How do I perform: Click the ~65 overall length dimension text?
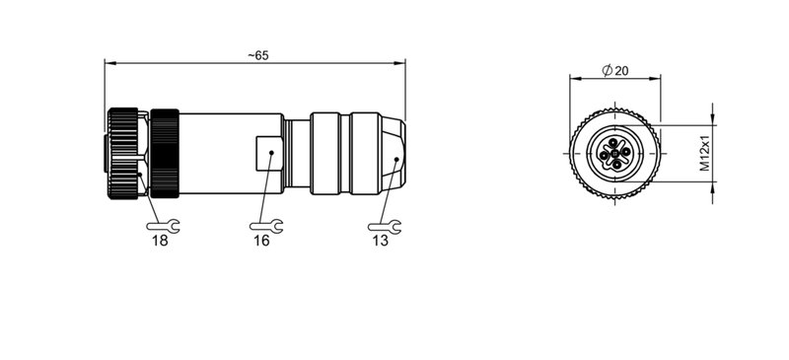click(257, 55)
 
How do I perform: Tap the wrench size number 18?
click(159, 240)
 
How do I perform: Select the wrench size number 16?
click(261, 240)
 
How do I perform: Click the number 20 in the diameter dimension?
click(621, 70)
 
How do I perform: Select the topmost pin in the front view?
click(613, 143)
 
